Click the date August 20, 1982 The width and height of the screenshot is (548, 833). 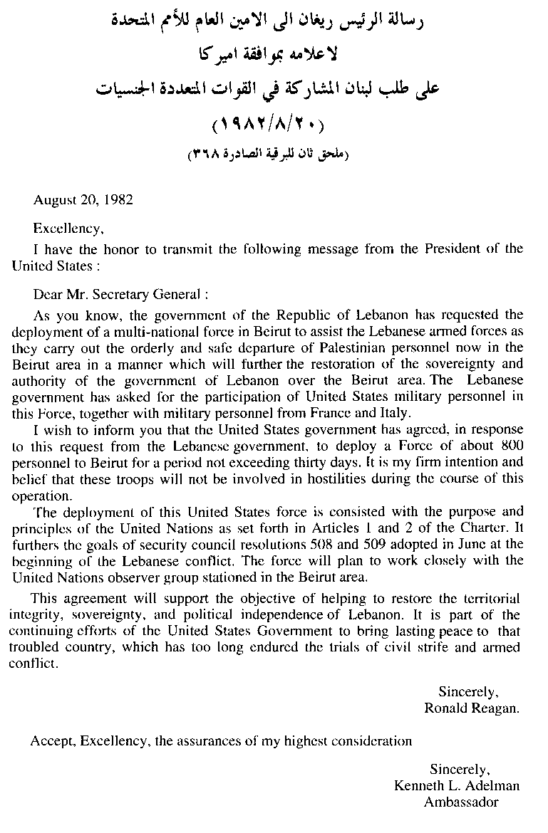click(x=83, y=200)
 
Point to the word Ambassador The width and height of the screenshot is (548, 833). click(x=461, y=802)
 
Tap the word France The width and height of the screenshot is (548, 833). click(x=356, y=413)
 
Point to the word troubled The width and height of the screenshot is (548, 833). click(x=41, y=647)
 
